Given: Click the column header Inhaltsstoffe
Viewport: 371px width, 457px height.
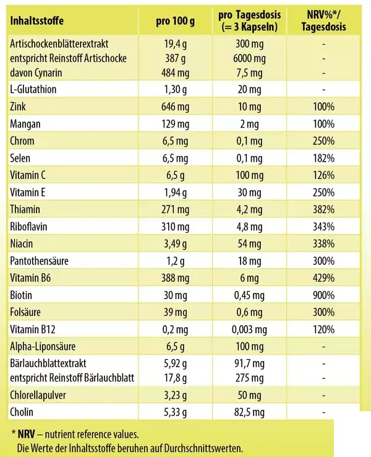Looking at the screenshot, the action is point(36,21).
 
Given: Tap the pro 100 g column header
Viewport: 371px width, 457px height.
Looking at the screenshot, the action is point(175,21).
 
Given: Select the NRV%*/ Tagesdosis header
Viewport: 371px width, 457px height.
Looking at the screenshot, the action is point(323,20).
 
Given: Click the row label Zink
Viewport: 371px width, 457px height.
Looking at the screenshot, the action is point(18,107).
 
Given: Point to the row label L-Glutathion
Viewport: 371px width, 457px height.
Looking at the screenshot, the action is point(33,89).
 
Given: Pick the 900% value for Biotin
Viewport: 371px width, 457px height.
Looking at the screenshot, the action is point(323,295).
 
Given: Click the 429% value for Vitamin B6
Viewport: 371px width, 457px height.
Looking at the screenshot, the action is point(323,278).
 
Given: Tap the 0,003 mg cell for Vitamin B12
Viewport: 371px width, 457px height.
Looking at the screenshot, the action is point(249,329).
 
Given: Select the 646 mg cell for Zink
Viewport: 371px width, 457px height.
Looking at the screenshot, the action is point(175,107).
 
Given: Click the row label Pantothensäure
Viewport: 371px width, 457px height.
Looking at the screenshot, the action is point(39,261).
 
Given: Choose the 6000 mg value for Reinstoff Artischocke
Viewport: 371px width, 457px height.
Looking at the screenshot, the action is point(249,59).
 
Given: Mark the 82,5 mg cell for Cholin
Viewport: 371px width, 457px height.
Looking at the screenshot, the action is point(249,412).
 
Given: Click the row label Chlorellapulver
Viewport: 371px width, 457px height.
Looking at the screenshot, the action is point(38,395).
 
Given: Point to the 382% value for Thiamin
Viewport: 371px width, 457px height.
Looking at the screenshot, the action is point(323,209).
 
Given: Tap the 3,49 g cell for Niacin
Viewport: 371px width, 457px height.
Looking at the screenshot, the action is point(175,244).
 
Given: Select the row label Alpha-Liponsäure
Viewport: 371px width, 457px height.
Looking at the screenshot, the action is point(43,347).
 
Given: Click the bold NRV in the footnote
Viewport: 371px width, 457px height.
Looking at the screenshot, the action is point(26,434).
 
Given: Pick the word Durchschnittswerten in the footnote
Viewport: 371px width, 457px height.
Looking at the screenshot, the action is point(203,448).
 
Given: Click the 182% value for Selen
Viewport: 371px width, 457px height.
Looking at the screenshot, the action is point(323,159).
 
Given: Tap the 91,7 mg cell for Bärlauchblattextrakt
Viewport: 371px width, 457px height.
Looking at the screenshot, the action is point(249,363).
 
